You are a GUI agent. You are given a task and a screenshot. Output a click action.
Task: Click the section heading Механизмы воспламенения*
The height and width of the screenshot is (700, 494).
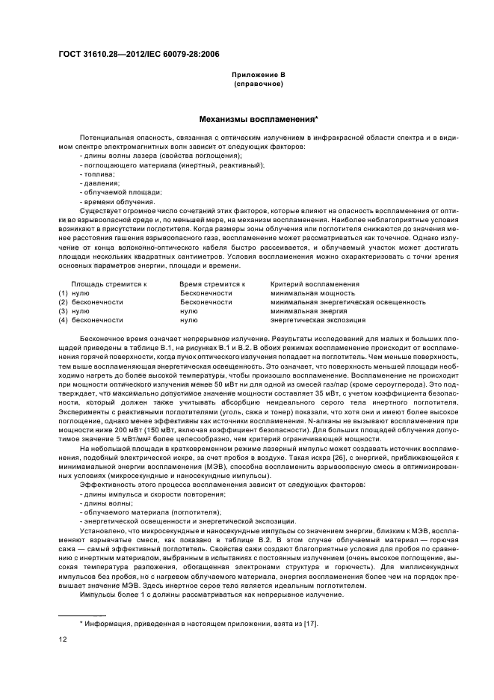pyautogui.click(x=258, y=118)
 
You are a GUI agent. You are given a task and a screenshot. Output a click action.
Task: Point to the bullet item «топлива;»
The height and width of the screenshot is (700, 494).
pyautogui.click(x=93, y=174)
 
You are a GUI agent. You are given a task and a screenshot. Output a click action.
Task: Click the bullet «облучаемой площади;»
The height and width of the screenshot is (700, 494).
pyautogui.click(x=114, y=192)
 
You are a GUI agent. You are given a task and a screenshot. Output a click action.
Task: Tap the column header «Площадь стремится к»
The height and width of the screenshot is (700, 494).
pyautogui.click(x=108, y=284)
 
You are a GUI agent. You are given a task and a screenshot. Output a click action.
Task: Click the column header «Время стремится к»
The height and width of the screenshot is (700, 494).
pyautogui.click(x=212, y=284)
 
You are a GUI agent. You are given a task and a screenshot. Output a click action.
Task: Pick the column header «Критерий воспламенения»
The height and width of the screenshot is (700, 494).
pyautogui.click(x=315, y=284)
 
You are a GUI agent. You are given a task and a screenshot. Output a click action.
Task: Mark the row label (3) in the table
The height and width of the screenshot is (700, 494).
pyautogui.click(x=64, y=311)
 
